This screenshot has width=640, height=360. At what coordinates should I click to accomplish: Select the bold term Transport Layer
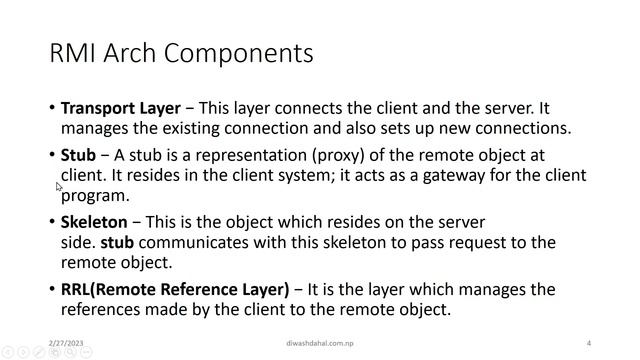tap(121, 108)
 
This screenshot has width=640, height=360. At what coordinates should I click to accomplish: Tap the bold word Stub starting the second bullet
tap(78, 155)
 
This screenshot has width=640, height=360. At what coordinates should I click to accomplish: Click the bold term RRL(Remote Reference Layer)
tap(175, 289)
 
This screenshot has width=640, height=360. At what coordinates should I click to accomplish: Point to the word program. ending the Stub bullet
tap(95, 196)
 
